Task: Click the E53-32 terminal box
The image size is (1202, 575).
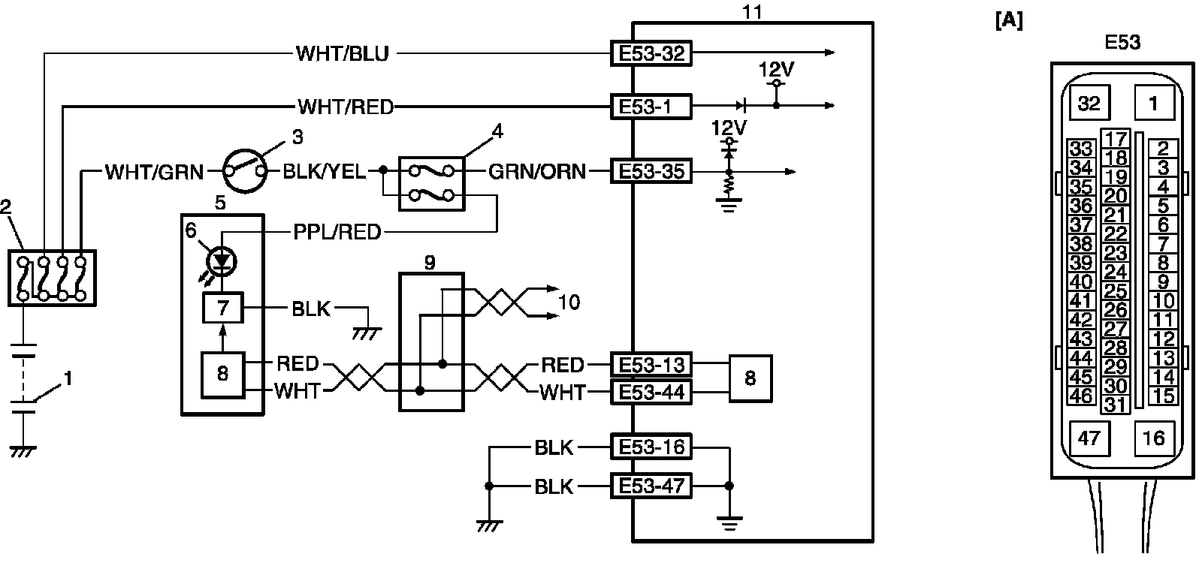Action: click(650, 54)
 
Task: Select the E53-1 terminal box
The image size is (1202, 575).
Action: click(650, 107)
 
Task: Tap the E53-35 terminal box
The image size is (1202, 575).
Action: click(650, 172)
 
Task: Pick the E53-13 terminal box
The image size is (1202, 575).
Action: click(650, 366)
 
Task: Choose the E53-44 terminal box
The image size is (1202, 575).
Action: click(650, 392)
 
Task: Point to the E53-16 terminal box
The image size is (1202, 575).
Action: click(650, 448)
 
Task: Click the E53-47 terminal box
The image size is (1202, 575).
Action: click(650, 486)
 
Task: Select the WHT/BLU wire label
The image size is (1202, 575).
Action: click(342, 54)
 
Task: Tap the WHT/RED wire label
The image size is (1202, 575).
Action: click(346, 107)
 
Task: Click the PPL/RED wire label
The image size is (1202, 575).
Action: click(337, 232)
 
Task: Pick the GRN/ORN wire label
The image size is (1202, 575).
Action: click(536, 172)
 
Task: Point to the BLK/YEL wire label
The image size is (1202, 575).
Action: click(324, 172)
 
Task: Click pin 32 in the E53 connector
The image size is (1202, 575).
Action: click(1089, 103)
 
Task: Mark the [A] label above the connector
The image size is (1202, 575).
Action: click(1008, 22)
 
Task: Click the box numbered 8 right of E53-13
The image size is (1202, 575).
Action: click(750, 378)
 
